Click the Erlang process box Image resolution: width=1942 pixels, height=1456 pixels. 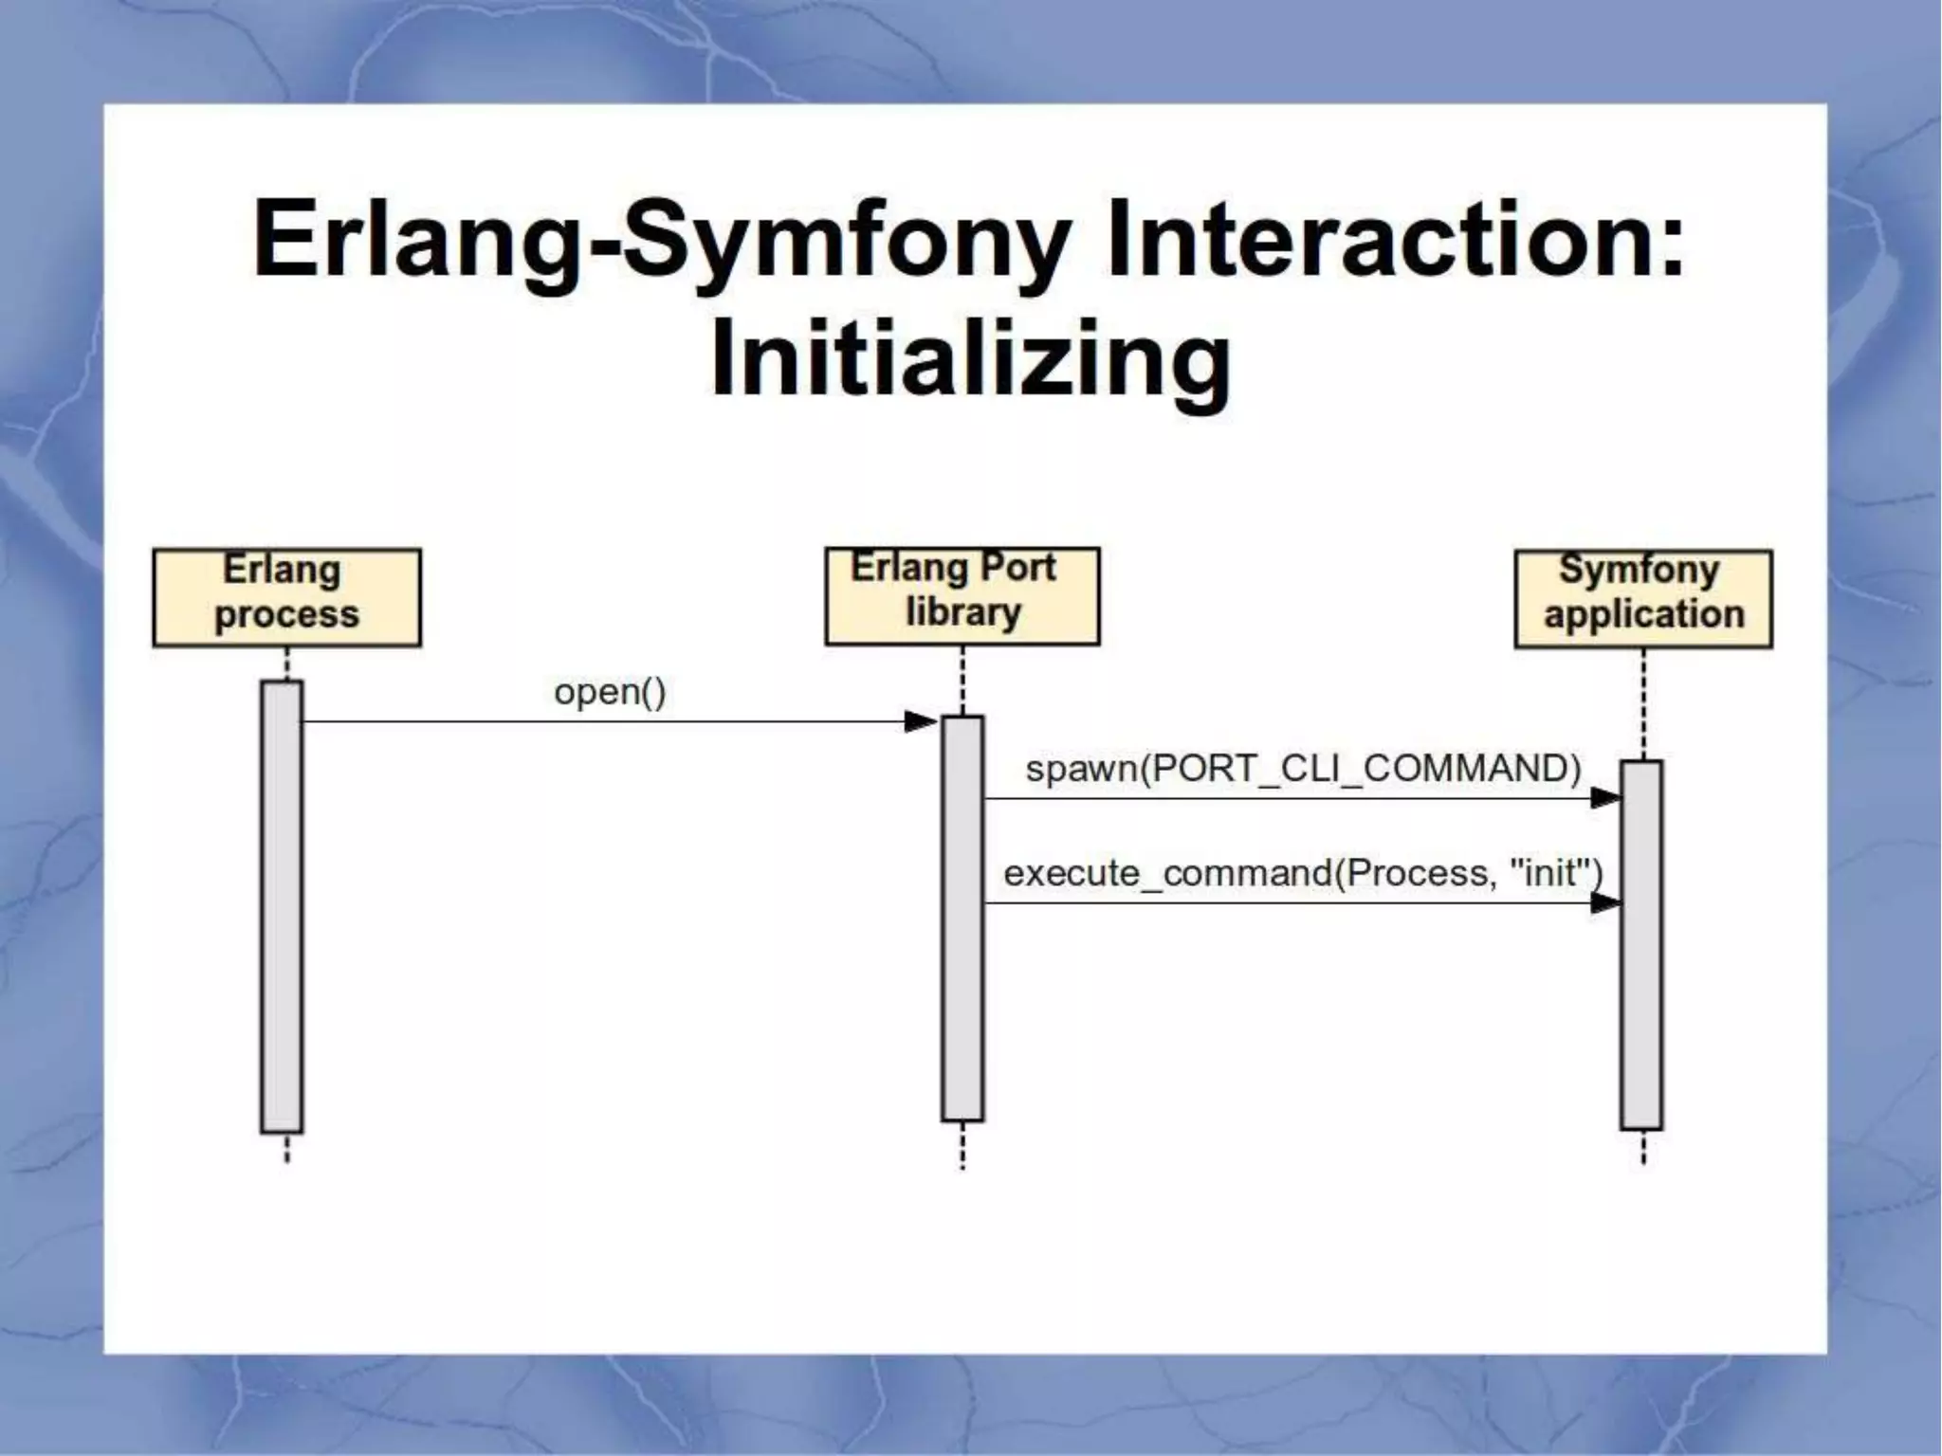(286, 597)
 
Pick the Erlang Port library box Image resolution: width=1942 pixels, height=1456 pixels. (962, 595)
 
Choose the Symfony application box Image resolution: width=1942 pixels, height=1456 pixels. (1642, 598)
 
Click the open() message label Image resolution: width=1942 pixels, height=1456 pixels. (610, 692)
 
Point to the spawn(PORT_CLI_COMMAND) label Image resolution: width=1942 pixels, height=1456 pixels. (1303, 768)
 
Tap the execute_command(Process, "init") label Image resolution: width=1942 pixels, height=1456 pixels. (1303, 872)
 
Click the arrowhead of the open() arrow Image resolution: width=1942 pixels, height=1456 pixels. (920, 722)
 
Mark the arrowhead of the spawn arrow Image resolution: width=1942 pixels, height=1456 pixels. (1604, 798)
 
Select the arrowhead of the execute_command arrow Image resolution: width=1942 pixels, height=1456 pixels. (1604, 903)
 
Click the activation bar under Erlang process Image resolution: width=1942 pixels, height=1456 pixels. (282, 905)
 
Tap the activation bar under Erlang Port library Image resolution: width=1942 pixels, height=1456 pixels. (962, 918)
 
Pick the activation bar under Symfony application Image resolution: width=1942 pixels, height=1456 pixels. (1640, 944)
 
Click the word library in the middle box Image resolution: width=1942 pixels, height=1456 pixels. (962, 612)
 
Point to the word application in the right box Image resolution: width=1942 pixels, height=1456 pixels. (1643, 614)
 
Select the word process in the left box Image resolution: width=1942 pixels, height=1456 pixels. (286, 615)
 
